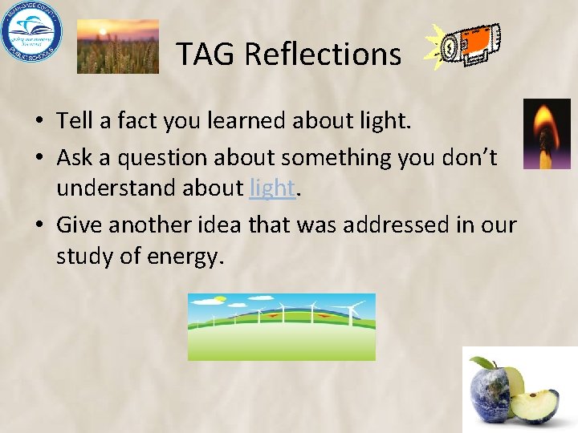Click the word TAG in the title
click(x=206, y=55)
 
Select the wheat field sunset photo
click(x=117, y=46)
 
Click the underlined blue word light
click(x=272, y=188)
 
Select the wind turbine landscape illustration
click(x=281, y=326)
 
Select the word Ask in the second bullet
click(x=75, y=158)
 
